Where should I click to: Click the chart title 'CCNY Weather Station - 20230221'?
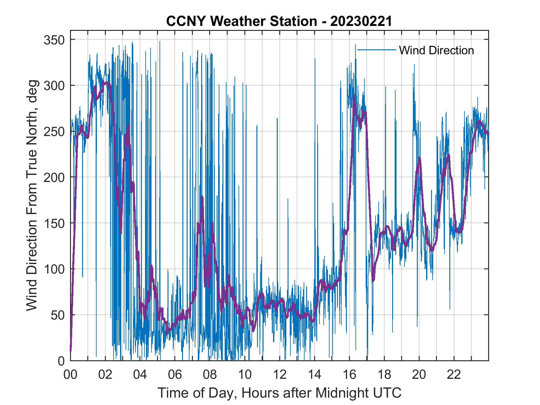(x=279, y=21)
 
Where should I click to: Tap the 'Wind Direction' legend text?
(x=436, y=50)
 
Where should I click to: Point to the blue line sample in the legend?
(x=376, y=50)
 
